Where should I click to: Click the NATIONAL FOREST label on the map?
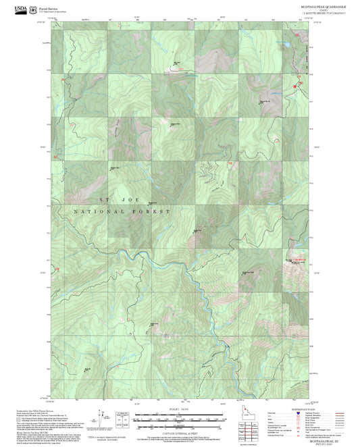click(x=122, y=211)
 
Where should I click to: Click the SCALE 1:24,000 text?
click(x=180, y=409)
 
